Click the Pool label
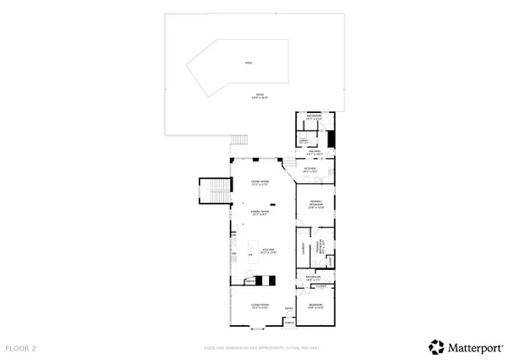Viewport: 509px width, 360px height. (249, 63)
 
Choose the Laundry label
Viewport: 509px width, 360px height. (303, 249)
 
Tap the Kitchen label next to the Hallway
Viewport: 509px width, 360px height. (310, 170)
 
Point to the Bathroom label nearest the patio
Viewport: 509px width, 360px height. (314, 117)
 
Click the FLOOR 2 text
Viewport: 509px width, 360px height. (23, 348)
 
